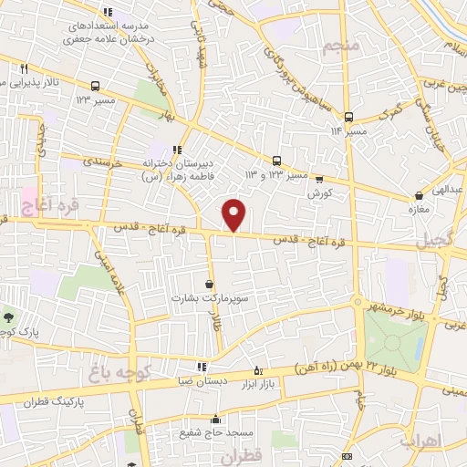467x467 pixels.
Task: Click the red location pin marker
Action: click(234, 214)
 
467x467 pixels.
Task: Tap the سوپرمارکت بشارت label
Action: click(209, 297)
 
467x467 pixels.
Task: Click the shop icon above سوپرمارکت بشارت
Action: click(210, 284)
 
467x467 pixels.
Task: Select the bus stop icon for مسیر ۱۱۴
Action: click(348, 117)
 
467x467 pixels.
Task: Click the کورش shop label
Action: click(317, 193)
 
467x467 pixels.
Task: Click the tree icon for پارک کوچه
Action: click(8, 318)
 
